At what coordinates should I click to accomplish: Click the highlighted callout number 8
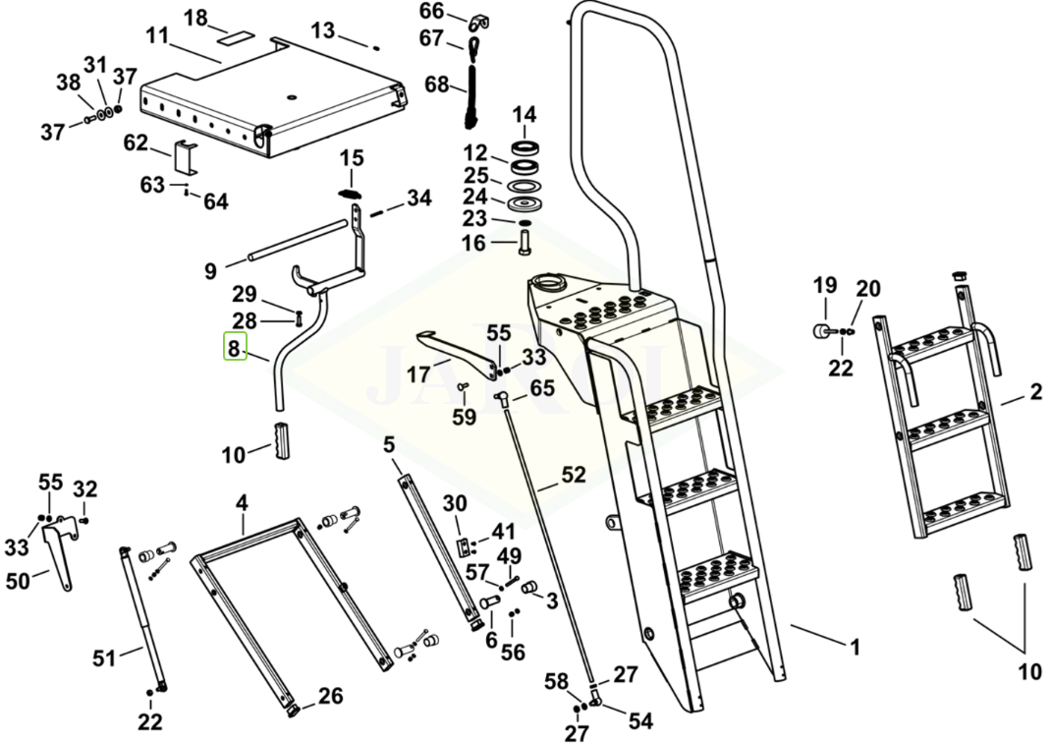234,347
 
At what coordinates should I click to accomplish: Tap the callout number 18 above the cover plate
196,18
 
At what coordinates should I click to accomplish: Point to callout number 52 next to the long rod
573,476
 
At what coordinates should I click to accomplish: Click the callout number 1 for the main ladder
855,648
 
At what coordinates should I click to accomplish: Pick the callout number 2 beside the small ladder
1035,393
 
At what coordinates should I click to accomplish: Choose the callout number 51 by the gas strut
105,657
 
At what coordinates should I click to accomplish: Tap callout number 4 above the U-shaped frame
242,504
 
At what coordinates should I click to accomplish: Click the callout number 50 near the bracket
18,581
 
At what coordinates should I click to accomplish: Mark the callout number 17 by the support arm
418,374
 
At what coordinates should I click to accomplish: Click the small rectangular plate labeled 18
236,43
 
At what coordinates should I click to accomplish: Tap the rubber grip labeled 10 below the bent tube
282,438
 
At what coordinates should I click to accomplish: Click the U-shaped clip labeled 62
185,158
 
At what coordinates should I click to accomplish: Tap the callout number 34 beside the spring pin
419,199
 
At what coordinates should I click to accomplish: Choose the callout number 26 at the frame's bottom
330,696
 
